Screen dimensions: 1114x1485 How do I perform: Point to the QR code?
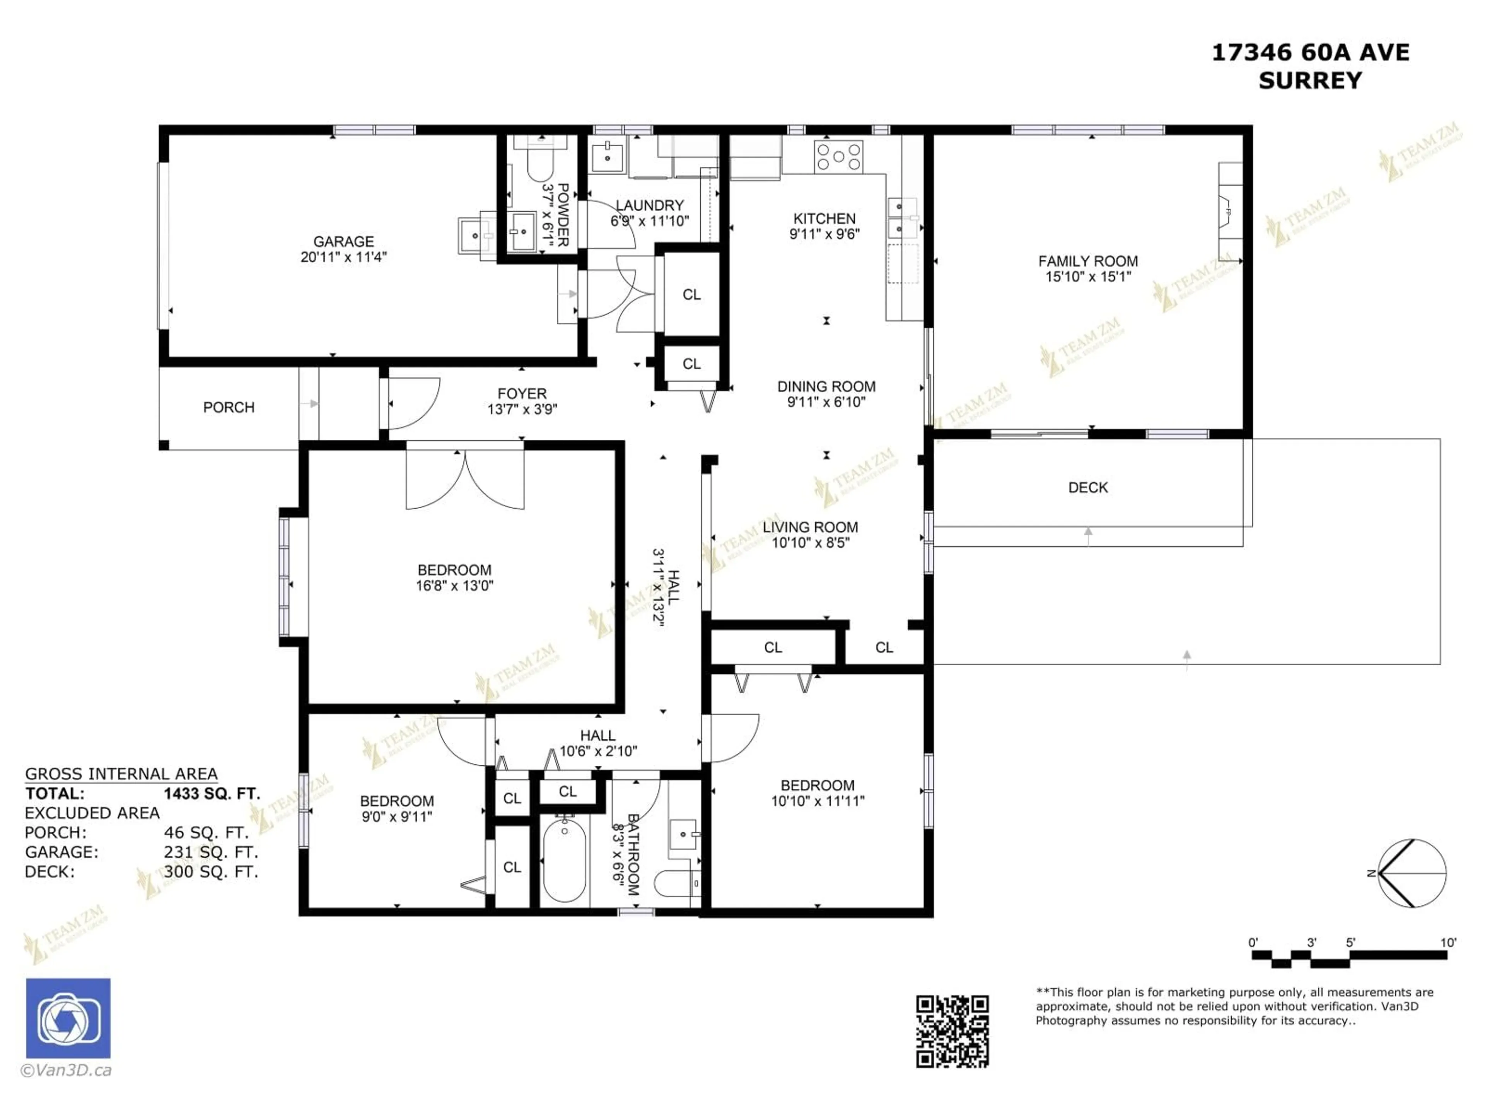(x=952, y=1031)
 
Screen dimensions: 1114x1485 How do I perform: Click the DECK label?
(x=1087, y=487)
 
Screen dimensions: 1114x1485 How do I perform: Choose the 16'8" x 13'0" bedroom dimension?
(x=454, y=586)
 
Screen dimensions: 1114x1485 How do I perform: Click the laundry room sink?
(x=608, y=157)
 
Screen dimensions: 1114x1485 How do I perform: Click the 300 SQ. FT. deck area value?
(x=211, y=871)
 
